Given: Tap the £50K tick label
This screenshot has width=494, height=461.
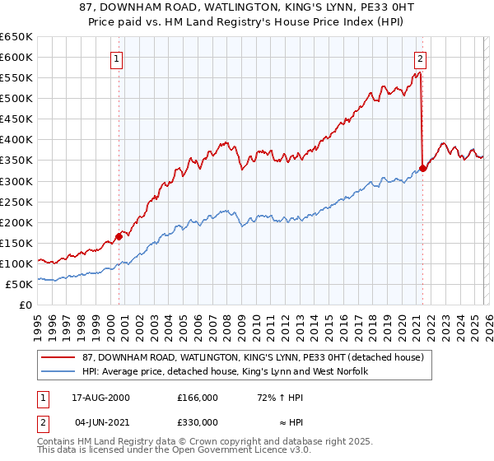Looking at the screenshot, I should (21, 284).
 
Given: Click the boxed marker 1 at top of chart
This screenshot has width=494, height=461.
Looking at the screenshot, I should (117, 58).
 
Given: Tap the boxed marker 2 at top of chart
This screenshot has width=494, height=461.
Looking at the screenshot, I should (421, 58).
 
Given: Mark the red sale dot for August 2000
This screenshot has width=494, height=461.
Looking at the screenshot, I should (119, 236).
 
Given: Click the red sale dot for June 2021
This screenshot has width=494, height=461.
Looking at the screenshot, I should (422, 168).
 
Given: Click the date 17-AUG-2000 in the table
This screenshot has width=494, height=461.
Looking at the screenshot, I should (101, 397).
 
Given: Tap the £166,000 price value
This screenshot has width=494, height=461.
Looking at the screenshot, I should (198, 397).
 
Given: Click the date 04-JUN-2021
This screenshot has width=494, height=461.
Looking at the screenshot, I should (101, 422).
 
